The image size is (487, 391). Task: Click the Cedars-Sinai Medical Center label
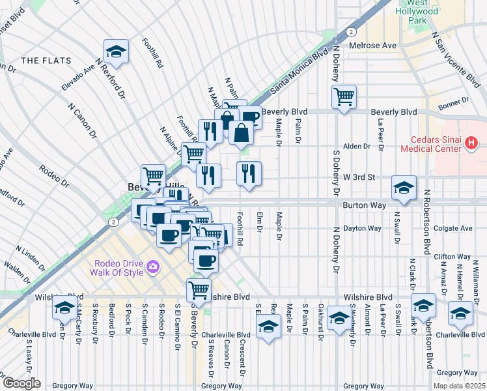click(x=437, y=144)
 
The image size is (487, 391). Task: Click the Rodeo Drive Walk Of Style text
click(x=118, y=267)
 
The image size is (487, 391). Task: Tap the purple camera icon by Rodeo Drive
click(x=153, y=266)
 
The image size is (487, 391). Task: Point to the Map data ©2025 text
click(x=459, y=386)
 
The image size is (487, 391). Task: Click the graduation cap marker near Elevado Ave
click(x=116, y=51)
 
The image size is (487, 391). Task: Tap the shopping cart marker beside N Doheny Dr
click(x=344, y=97)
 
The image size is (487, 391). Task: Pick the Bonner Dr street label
click(x=454, y=101)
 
